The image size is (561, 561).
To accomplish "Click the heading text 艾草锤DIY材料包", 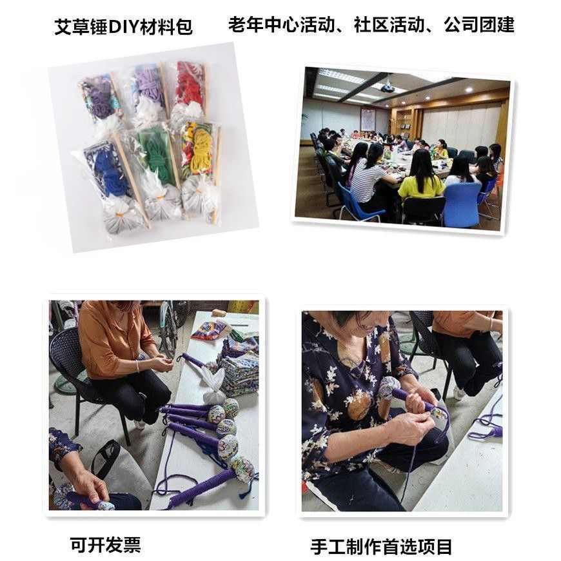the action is [x=123, y=27].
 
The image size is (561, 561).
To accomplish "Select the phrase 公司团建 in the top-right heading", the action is [x=478, y=25].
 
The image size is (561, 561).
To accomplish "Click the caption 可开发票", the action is [x=105, y=545].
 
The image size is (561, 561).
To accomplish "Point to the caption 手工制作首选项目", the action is [x=381, y=547].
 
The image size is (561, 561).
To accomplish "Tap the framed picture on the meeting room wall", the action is [x=368, y=119].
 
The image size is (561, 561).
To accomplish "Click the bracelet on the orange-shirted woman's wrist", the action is [x=138, y=366].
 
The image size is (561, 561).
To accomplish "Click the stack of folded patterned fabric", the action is [x=239, y=364].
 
